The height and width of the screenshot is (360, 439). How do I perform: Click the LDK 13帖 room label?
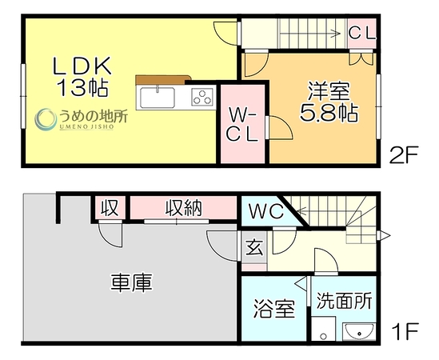point(82,76)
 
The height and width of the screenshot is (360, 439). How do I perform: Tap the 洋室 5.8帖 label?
point(329,102)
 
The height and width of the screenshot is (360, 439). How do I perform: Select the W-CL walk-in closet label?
point(242,124)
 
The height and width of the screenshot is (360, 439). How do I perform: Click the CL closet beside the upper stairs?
point(361,34)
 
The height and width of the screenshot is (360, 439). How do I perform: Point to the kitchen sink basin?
point(158,98)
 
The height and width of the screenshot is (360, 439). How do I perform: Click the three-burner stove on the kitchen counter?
point(202,97)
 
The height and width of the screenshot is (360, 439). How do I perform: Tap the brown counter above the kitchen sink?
point(163,80)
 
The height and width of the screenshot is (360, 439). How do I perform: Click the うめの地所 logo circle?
point(46,119)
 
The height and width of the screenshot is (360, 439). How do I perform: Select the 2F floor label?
point(404,154)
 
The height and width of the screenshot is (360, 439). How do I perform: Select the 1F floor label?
point(405,331)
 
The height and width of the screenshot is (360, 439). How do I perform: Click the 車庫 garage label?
point(132,283)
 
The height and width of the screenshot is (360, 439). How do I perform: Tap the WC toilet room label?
point(266,211)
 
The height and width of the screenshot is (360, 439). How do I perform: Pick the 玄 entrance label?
point(254,247)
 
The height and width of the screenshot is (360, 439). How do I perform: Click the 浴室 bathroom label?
point(274,309)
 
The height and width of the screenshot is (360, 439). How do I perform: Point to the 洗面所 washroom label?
point(345,301)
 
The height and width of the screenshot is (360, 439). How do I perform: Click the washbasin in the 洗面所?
point(359,332)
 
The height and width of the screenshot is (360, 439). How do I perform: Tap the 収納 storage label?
point(183,208)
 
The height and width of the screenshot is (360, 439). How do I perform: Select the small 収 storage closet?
point(110,208)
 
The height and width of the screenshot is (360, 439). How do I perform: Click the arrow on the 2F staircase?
point(309,34)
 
